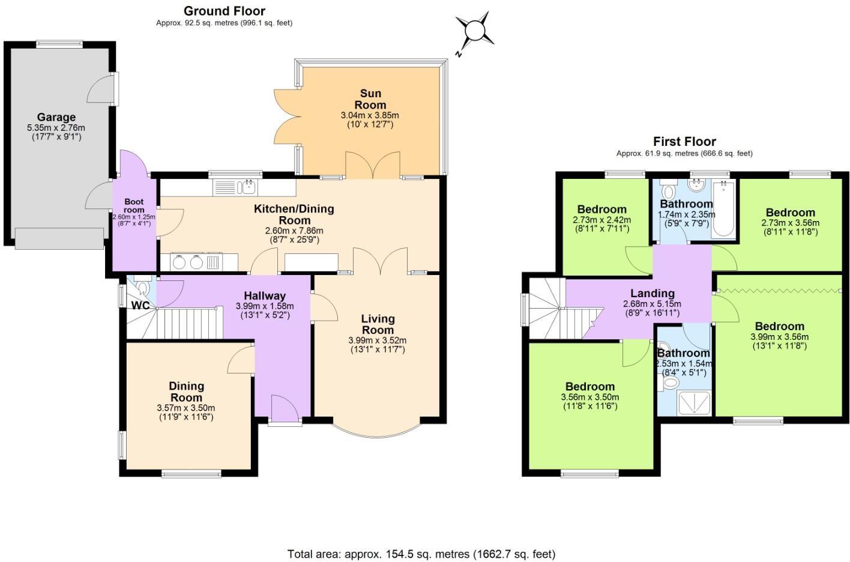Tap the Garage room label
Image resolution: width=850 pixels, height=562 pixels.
(x=56, y=117)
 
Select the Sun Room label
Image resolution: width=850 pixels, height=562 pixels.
(x=370, y=99)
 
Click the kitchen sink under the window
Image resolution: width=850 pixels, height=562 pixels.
(x=246, y=187)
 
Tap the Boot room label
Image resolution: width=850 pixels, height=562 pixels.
(x=134, y=206)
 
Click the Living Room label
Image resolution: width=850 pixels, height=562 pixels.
(x=378, y=324)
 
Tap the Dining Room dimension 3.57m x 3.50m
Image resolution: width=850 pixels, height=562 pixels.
(x=186, y=408)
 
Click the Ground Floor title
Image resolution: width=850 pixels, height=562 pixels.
(x=225, y=11)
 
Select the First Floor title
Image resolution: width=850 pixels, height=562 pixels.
(x=684, y=142)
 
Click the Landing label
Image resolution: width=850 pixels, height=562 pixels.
(x=652, y=294)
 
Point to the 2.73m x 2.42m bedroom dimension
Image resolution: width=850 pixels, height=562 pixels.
(x=601, y=220)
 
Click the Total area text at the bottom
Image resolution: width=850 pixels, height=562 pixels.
(x=421, y=554)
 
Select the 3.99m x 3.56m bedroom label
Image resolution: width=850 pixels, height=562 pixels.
(x=779, y=327)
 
